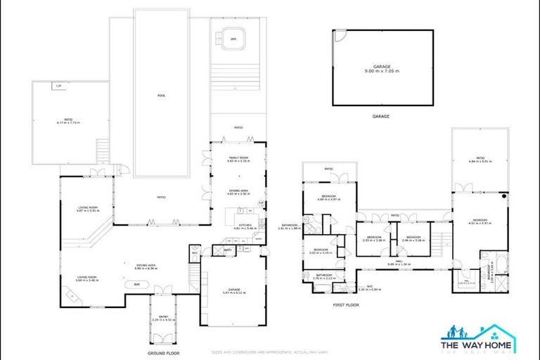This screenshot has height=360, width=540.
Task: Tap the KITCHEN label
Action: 240,224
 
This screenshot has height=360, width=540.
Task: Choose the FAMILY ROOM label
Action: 239,158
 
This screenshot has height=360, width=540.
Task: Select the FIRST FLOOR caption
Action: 346,304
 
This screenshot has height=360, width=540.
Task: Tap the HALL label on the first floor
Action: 398,261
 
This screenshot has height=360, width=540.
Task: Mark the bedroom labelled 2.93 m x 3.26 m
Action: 372,238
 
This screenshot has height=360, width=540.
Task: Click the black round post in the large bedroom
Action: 504,199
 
